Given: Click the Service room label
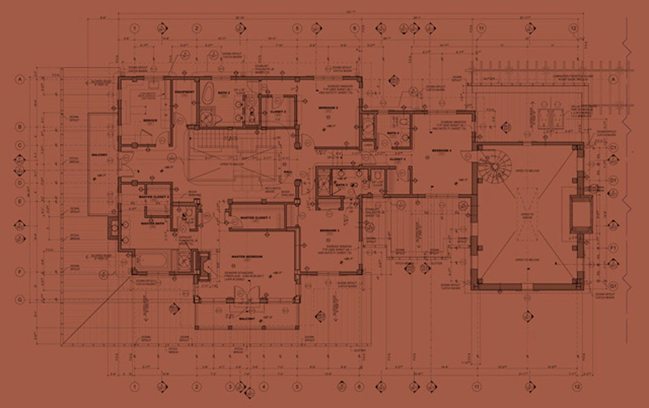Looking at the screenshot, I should click(x=149, y=120).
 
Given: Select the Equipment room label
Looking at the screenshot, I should click(x=184, y=92).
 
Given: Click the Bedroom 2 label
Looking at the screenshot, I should click(x=328, y=108).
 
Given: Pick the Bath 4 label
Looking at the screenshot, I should click(x=392, y=133).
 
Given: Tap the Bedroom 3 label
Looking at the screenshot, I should click(x=329, y=230).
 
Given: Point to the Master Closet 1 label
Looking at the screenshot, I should click(x=254, y=218).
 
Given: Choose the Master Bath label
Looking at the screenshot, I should click(x=152, y=224).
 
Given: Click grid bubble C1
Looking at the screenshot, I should click(x=613, y=149).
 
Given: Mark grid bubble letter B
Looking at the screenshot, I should click(x=20, y=127).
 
